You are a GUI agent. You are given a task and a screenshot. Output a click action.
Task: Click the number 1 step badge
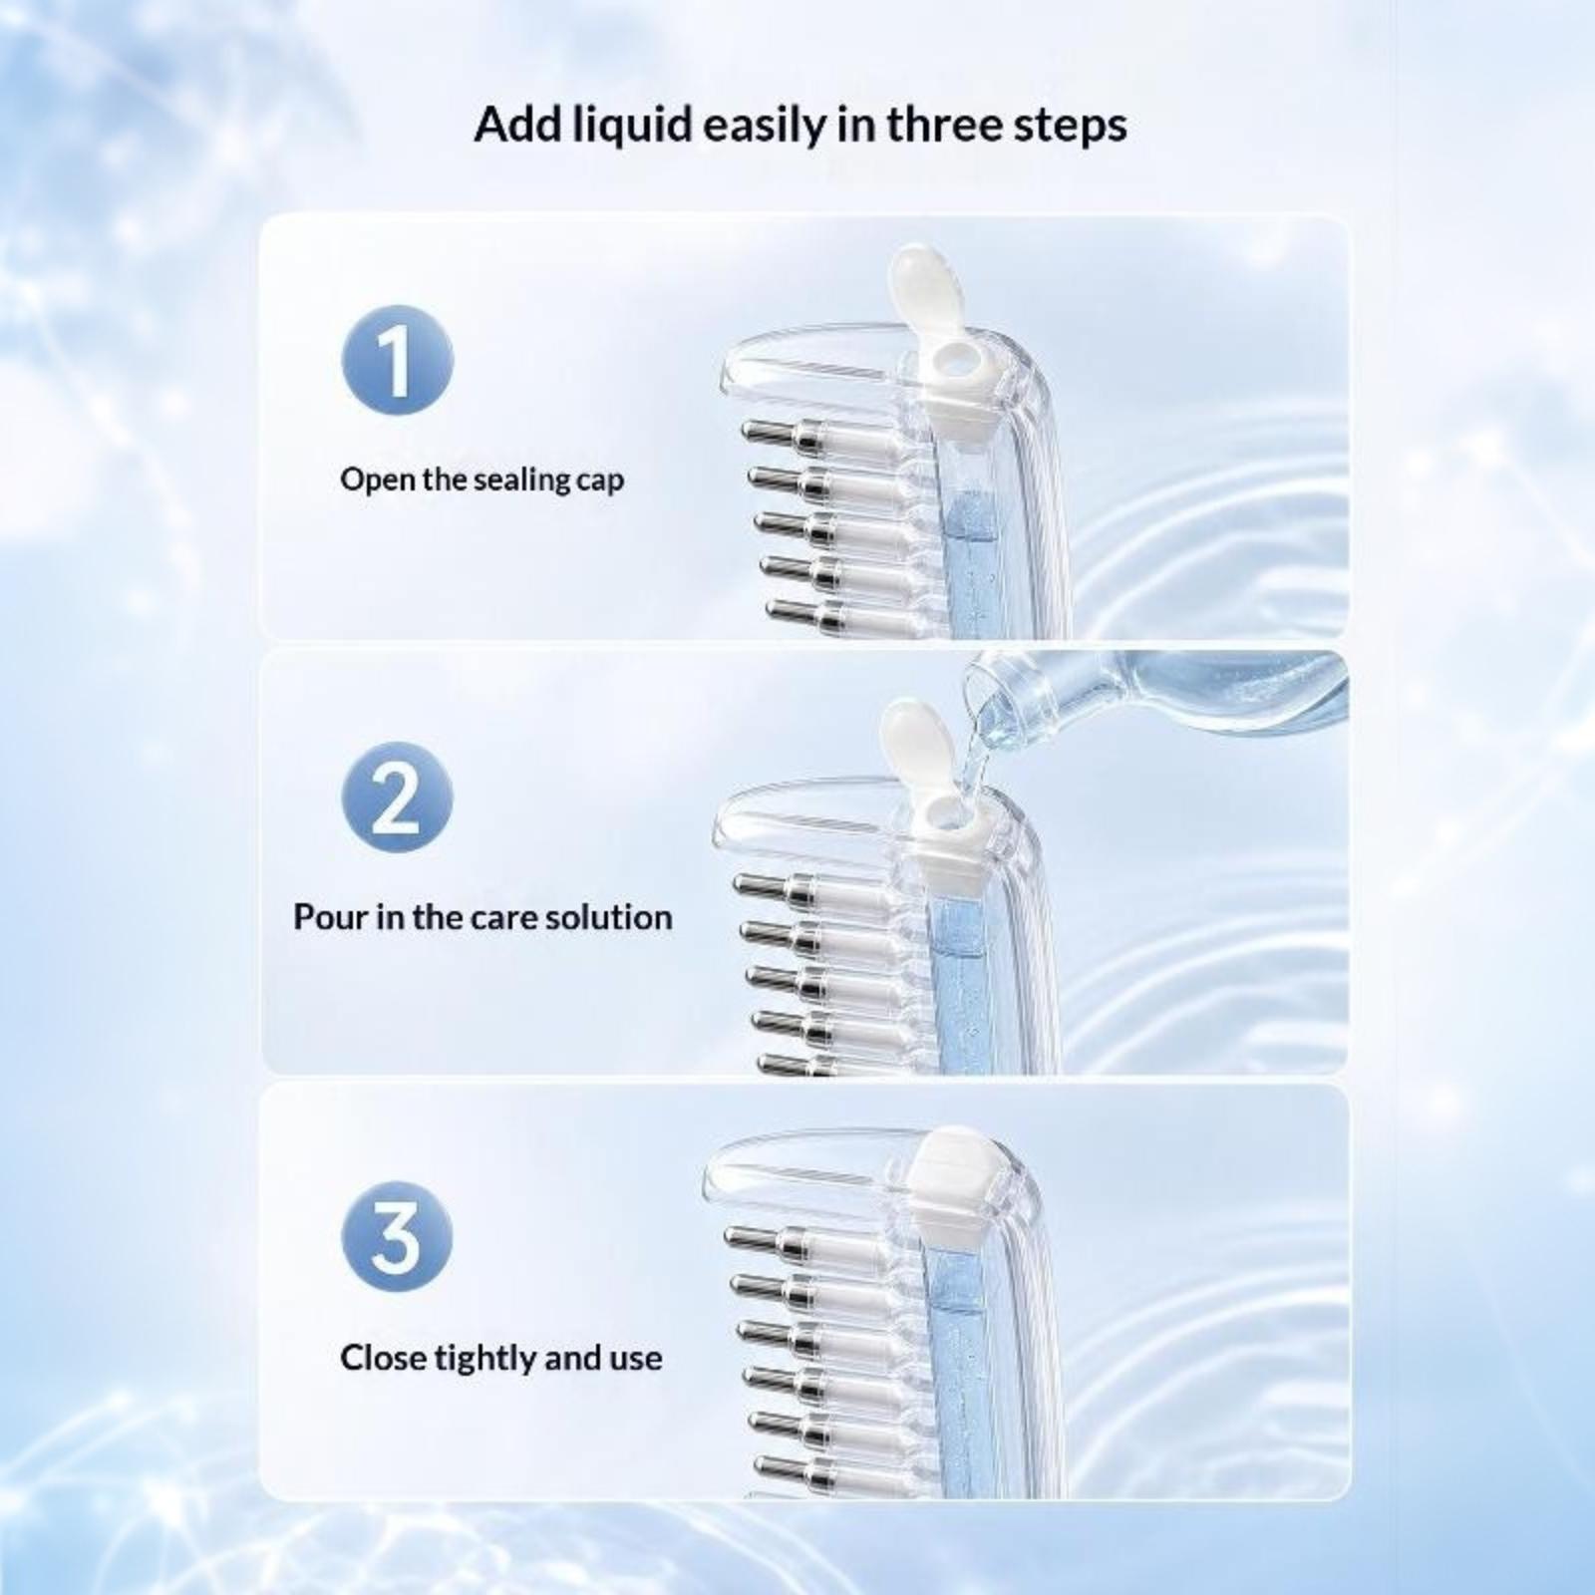point(397,360)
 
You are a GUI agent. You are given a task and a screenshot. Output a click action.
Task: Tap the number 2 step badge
point(397,797)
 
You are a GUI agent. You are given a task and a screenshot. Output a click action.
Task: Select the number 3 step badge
point(397,1237)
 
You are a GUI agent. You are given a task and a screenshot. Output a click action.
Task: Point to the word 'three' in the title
point(944,125)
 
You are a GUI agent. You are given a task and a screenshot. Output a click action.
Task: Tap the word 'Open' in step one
point(378,480)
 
